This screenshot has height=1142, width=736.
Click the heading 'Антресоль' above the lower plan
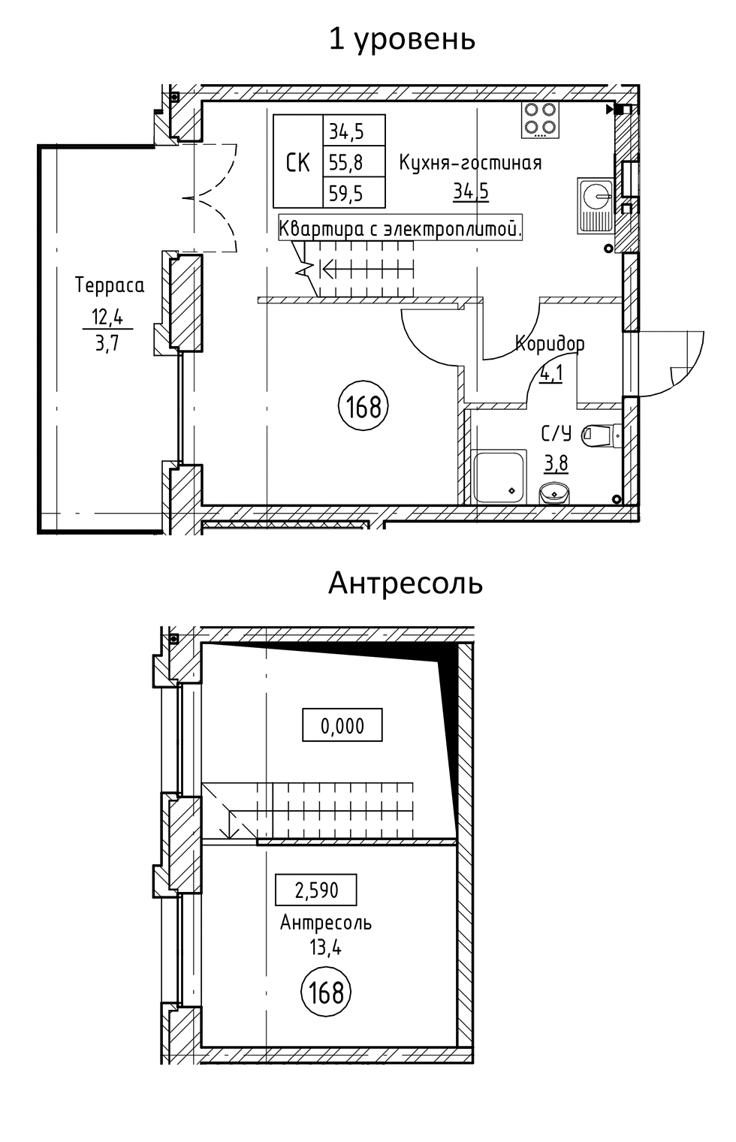pyautogui.click(x=405, y=583)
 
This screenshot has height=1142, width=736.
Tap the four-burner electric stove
pyautogui.click(x=540, y=119)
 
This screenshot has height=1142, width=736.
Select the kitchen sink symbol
pyautogui.click(x=596, y=206)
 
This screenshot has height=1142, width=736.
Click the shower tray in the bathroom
pyautogui.click(x=499, y=477)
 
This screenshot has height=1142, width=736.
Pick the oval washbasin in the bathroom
pyautogui.click(x=554, y=493)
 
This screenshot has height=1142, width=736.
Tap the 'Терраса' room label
pyautogui.click(x=110, y=285)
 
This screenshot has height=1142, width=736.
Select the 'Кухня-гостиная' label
pyautogui.click(x=469, y=163)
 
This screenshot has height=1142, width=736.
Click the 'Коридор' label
pyautogui.click(x=549, y=343)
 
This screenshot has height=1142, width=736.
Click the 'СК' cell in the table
pyautogui.click(x=298, y=161)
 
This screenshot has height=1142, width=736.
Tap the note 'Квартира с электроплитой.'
pyautogui.click(x=400, y=228)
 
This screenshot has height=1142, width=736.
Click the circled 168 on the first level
pyautogui.click(x=363, y=406)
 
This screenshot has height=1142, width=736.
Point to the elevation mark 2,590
pyautogui.click(x=316, y=890)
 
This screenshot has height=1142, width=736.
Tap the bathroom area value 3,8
pyautogui.click(x=556, y=464)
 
